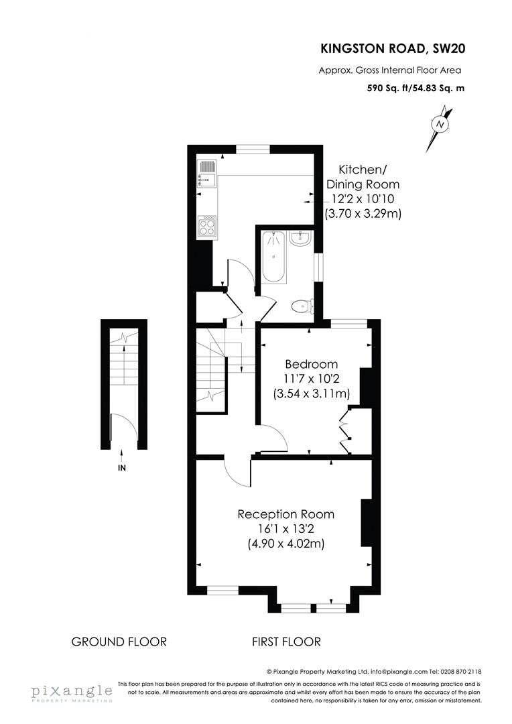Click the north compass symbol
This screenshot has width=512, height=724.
point(439,125)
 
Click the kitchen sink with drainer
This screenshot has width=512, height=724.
point(206,173)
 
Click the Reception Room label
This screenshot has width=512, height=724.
point(286,514)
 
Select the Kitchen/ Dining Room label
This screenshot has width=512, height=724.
point(363,177)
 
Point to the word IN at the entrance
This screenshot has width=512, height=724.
point(121,469)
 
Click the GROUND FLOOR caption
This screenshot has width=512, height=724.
point(119,642)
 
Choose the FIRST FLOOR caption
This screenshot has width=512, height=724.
point(286,642)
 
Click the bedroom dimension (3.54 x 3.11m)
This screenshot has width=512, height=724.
point(312,394)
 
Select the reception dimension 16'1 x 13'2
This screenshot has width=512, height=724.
point(286,529)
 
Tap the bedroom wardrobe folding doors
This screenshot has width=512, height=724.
point(346,430)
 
